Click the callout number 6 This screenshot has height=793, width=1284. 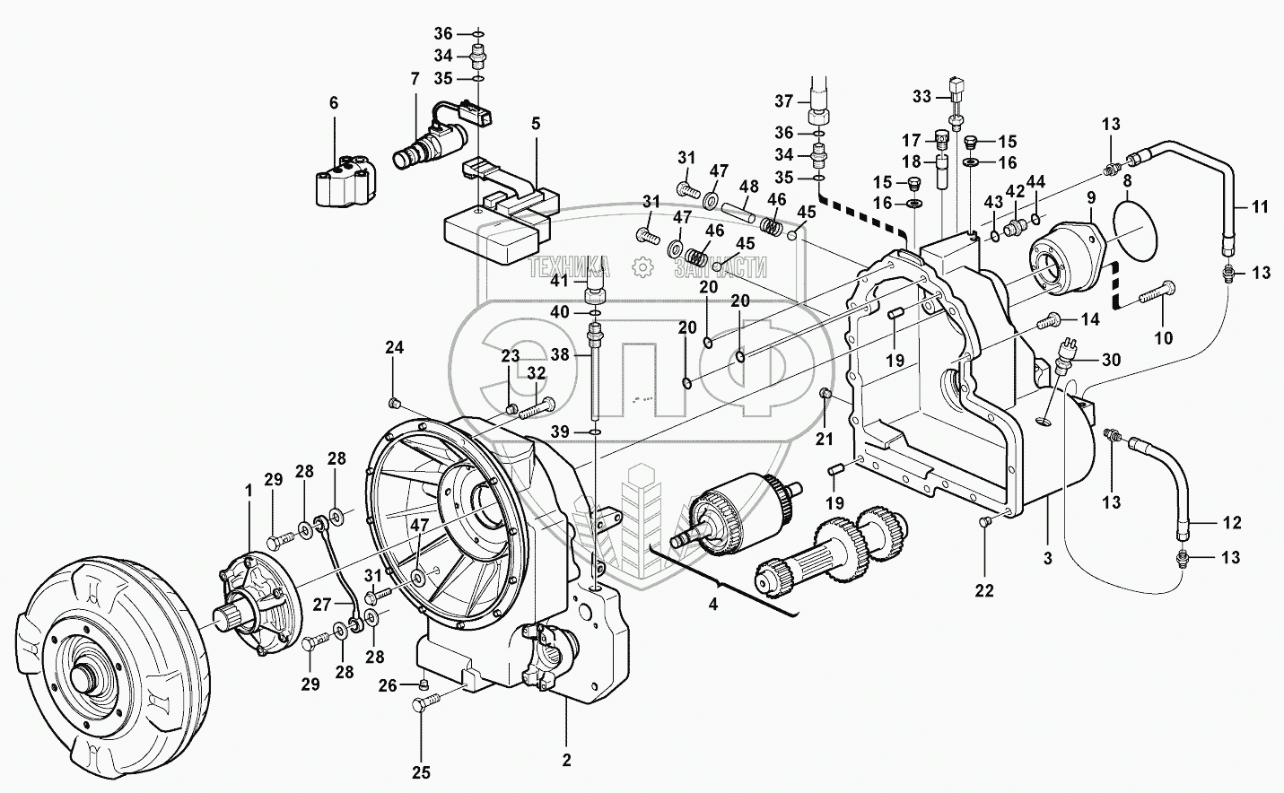click(x=334, y=103)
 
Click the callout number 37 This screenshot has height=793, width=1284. click(x=784, y=99)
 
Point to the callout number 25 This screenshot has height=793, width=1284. click(x=421, y=772)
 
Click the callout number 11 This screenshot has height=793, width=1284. click(x=1260, y=207)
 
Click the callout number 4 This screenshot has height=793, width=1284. click(x=713, y=605)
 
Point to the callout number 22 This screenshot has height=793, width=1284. click(x=984, y=589)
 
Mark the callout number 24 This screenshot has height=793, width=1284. click(x=395, y=347)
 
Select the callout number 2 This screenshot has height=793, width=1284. click(x=565, y=761)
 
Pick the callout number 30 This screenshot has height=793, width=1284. click(x=1111, y=361)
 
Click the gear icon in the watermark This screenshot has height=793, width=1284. click(x=642, y=266)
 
